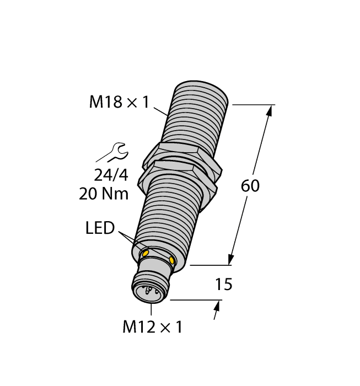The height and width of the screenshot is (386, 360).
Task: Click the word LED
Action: coord(100,228)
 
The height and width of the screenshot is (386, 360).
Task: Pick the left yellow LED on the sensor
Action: coord(146,253)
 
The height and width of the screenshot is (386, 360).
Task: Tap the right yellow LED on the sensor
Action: coord(173,260)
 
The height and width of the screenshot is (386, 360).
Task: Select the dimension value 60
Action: coord(250,186)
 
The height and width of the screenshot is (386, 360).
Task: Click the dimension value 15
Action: coord(223,285)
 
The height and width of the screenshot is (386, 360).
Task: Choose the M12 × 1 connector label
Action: coord(152,327)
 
